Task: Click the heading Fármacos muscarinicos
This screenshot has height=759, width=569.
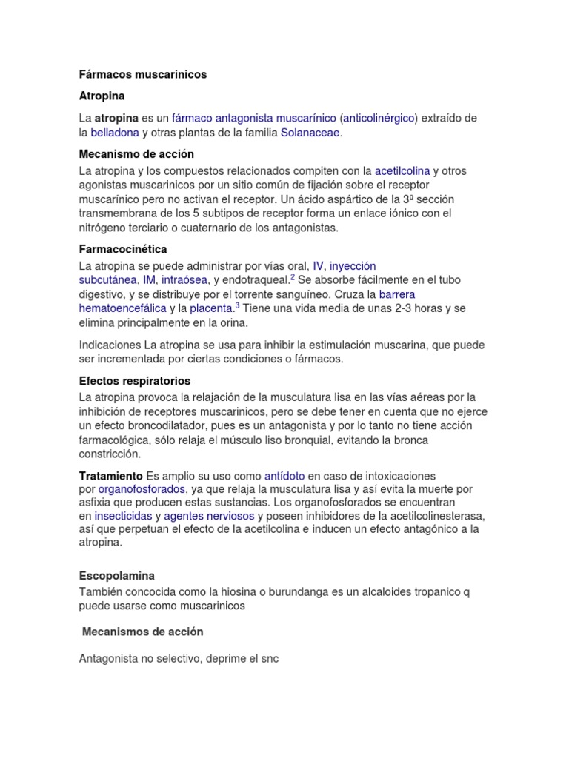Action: coord(143,74)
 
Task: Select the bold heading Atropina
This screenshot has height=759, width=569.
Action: coord(102,96)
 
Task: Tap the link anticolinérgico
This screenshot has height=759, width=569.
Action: coord(379,118)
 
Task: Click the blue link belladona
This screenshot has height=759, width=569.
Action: coord(115,133)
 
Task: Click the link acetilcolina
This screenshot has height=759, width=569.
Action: coord(402,170)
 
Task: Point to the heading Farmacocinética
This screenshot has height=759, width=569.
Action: coord(123,249)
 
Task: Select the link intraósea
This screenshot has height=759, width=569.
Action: coord(185,279)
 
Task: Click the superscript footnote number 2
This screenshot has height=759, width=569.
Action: coord(293,276)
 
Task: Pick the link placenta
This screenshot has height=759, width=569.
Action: coord(212,308)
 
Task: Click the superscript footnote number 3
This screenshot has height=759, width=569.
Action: coord(237,305)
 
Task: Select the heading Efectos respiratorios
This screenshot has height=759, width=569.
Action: coord(135,381)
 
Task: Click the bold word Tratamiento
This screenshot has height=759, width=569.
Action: coord(111,475)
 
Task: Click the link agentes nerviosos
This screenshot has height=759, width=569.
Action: coord(209,516)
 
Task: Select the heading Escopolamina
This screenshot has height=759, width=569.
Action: coord(116,575)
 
